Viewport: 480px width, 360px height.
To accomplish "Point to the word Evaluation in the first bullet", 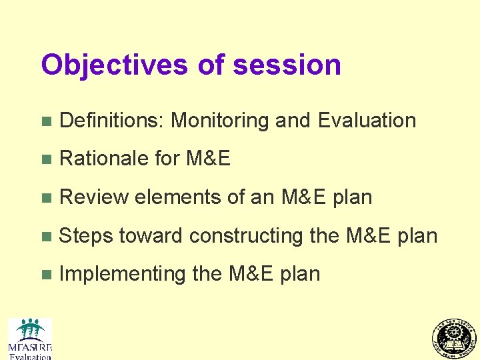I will point(367,121).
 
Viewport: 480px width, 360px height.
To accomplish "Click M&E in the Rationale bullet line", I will point(208,159).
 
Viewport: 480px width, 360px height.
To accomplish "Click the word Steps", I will point(86,236).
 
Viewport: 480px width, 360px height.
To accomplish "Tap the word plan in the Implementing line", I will point(301,275).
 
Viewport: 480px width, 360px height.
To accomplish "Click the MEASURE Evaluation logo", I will point(29,339).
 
